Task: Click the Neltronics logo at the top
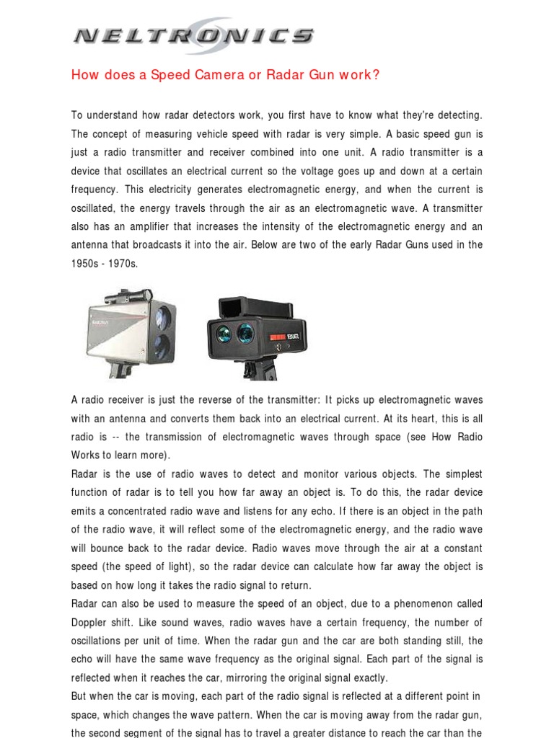pos(193,35)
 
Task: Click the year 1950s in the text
pos(86,264)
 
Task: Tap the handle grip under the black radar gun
pos(253,370)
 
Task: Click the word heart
pos(413,419)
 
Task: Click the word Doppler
pos(89,622)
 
